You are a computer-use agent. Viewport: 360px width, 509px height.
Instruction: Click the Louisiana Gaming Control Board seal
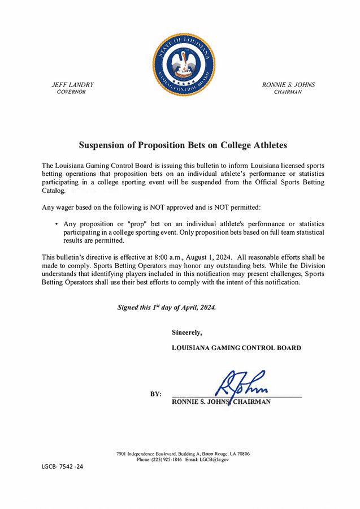(184, 64)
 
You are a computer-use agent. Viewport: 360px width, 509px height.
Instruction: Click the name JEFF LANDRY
(72, 85)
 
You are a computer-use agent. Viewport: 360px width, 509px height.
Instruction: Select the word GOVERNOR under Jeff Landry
(72, 92)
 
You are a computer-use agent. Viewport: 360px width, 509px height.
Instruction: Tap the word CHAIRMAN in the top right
(288, 92)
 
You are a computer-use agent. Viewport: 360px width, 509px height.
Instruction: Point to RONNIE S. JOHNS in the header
(288, 85)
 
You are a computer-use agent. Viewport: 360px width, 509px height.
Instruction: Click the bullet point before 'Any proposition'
(57, 224)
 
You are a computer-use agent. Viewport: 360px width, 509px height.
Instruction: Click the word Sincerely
(186, 332)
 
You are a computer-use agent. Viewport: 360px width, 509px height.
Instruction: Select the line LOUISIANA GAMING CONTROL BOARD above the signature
(236, 348)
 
